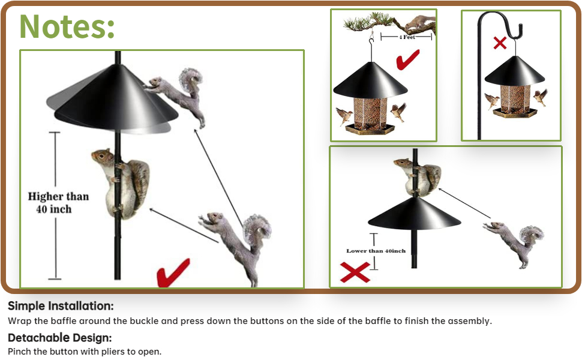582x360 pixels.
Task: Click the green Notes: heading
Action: [67, 25]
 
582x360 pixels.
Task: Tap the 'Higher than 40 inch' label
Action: [58, 203]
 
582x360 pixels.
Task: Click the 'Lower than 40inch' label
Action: [376, 251]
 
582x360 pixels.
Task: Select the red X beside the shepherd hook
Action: [500, 43]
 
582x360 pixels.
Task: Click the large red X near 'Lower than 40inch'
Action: [354, 272]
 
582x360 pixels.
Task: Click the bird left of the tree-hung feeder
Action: [344, 115]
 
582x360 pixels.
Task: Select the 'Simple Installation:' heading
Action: [61, 306]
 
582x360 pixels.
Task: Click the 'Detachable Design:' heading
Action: [60, 337]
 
